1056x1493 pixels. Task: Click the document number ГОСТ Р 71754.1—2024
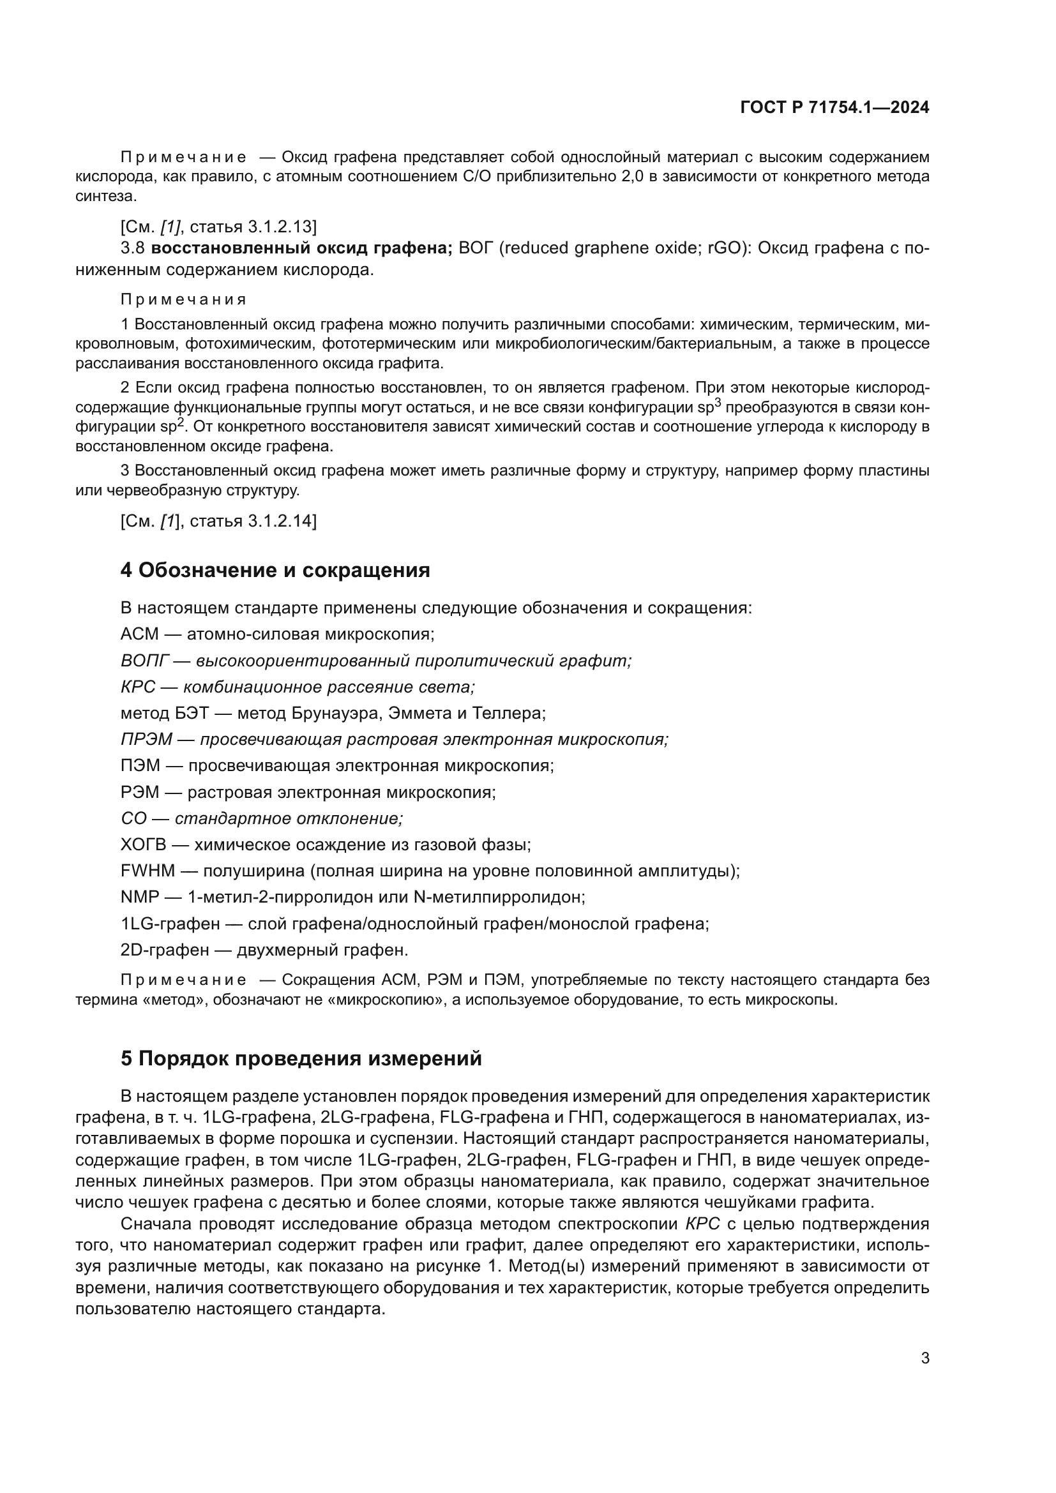[834, 108]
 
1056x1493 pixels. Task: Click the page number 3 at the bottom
[924, 1358]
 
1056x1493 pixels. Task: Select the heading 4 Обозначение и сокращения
[275, 570]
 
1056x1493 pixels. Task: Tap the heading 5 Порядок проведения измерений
[301, 1058]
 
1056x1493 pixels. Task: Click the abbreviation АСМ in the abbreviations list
[139, 634]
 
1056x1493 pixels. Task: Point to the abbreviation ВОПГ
[144, 661]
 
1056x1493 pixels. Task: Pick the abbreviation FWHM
[147, 871]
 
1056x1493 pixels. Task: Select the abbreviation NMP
[139, 897]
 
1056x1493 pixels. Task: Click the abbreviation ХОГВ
[144, 844]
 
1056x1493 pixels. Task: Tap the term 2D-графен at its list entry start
[165, 950]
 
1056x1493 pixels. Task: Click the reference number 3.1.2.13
[282, 227]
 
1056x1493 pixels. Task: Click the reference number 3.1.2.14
[282, 521]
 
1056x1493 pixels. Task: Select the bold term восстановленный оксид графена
[302, 248]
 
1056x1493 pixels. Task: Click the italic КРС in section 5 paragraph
[702, 1224]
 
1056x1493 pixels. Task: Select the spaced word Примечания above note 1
[183, 300]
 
